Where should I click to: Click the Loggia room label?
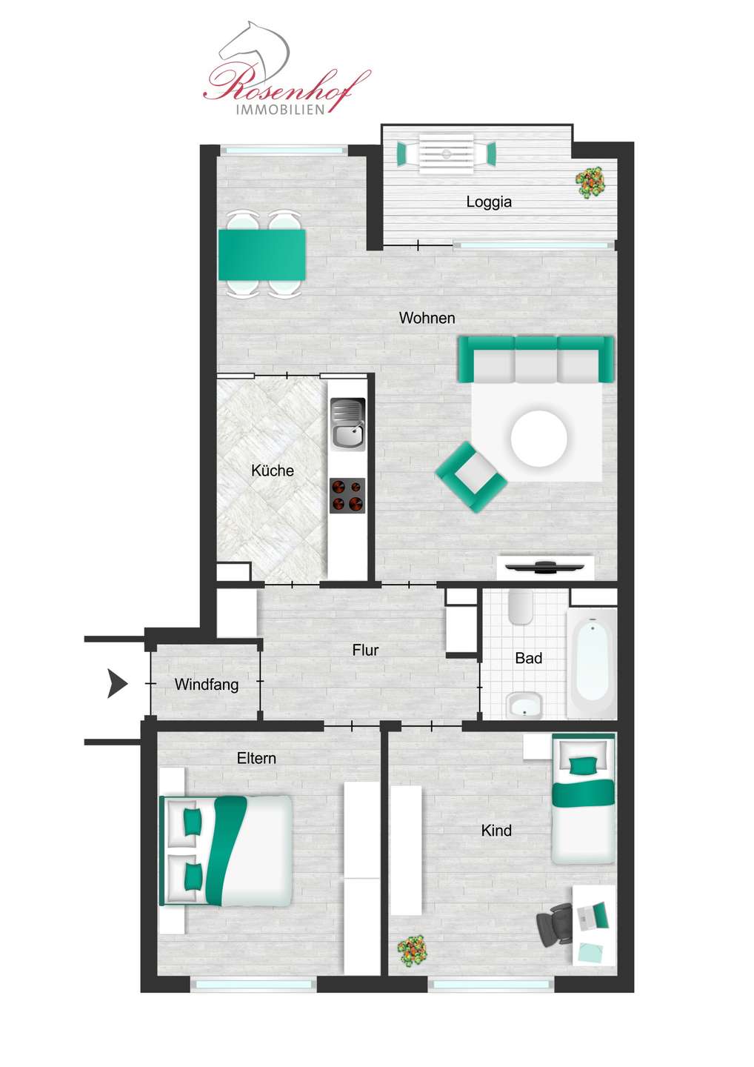[489, 202]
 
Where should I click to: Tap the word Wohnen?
[427, 318]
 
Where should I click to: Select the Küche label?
[273, 471]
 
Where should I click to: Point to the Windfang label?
[206, 685]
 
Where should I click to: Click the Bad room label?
[528, 658]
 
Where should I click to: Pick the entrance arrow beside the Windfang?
[117, 683]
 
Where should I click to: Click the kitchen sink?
[347, 425]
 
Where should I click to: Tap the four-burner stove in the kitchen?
[347, 496]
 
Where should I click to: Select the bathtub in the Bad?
[592, 662]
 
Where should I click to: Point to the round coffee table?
[539, 438]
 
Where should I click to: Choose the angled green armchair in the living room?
[471, 477]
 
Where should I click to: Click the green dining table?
[261, 256]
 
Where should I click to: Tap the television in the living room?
[544, 567]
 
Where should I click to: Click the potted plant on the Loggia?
[590, 182]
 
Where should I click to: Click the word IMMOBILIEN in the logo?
[281, 110]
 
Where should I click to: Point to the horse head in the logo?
[254, 50]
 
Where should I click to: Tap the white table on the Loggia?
[446, 154]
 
